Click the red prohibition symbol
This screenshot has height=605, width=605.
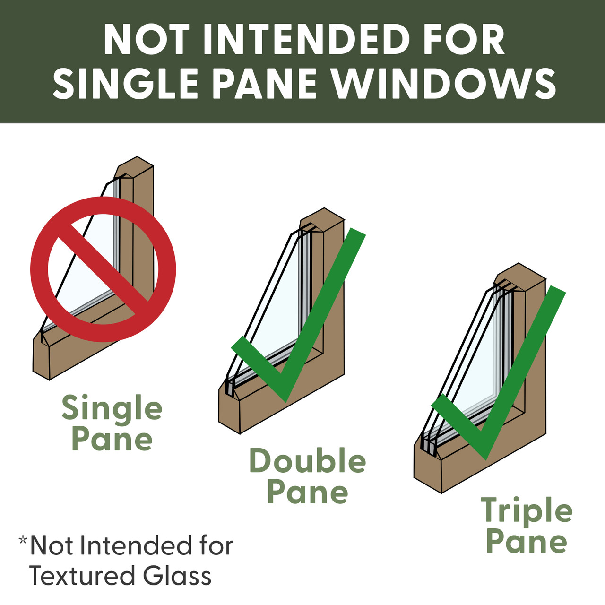(104, 269)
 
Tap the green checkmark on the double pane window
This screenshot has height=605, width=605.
(298, 316)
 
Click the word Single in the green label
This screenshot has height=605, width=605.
(112, 410)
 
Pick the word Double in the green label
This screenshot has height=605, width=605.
(308, 460)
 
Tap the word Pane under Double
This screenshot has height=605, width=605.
(308, 492)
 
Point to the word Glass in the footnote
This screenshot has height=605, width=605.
(177, 576)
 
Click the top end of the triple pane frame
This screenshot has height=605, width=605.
(519, 263)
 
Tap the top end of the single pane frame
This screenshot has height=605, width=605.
(137, 156)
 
